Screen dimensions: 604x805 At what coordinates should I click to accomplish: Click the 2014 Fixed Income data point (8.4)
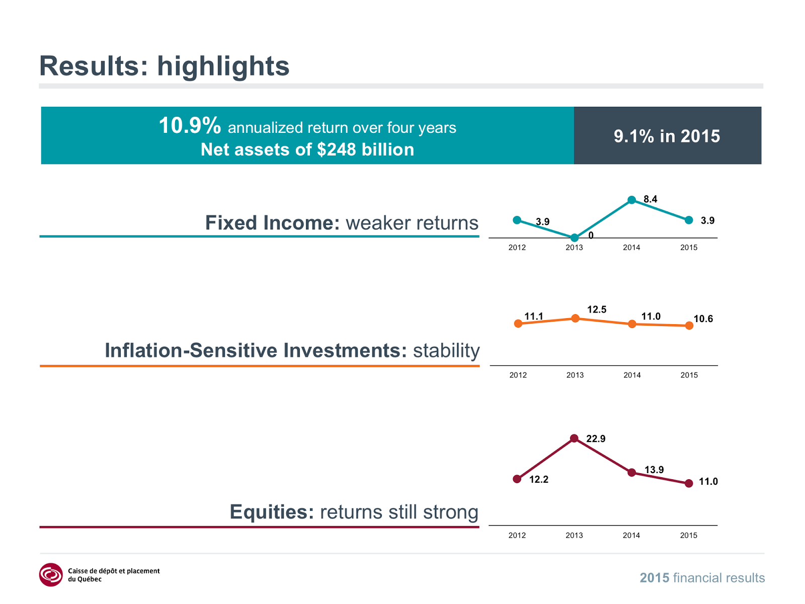tap(631, 200)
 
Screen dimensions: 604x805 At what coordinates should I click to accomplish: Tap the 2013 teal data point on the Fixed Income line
tap(574, 238)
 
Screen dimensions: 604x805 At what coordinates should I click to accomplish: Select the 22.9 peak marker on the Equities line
tap(574, 438)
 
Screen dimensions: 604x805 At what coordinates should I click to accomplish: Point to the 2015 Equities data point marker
tap(689, 483)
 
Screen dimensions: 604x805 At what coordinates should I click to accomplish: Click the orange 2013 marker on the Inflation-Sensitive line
tap(576, 318)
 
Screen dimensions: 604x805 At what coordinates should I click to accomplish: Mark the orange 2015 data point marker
tap(689, 326)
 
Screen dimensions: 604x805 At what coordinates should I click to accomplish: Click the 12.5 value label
tap(597, 310)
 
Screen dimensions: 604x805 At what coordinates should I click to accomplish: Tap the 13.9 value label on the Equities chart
tap(654, 470)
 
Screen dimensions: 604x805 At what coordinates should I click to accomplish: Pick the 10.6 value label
tap(703, 319)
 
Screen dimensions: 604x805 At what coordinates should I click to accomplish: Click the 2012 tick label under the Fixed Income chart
tap(517, 248)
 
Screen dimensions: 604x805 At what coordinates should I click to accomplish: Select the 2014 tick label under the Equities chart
tap(631, 536)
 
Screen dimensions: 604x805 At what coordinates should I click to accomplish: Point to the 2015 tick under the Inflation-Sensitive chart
tap(689, 375)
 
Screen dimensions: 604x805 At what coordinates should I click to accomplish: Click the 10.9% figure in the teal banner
tap(190, 126)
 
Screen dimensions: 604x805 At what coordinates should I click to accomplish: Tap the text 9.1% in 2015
tap(667, 136)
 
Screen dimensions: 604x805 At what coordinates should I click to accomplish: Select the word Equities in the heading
tap(272, 512)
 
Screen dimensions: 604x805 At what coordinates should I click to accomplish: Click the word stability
tap(446, 350)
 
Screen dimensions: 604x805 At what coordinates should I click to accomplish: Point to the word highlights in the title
tap(223, 66)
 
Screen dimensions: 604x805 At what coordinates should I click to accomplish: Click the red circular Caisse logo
tap(51, 575)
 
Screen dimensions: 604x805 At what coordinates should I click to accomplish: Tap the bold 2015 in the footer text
tap(654, 578)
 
